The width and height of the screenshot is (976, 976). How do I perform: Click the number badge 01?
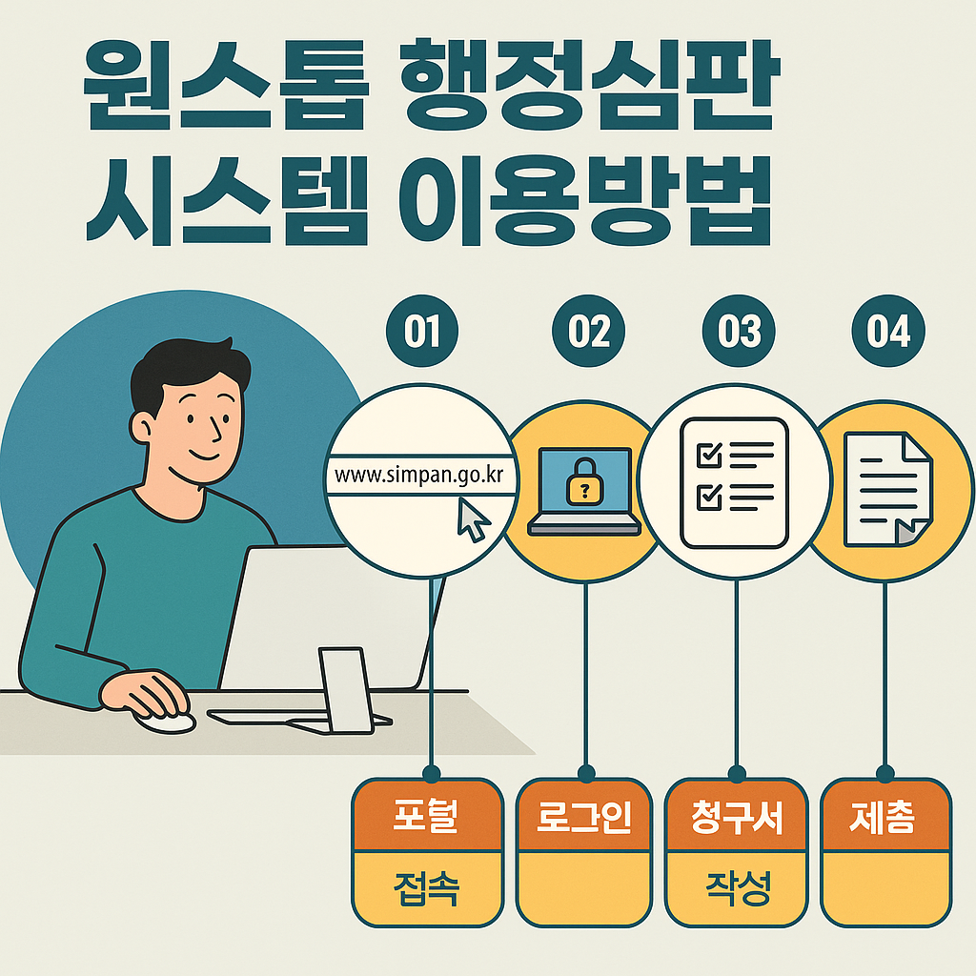421,333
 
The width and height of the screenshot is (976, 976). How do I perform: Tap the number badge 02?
588,333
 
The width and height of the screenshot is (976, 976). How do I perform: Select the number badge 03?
738,333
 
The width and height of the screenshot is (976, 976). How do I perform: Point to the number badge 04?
887,333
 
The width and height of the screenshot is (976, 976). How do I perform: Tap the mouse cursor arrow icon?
474,520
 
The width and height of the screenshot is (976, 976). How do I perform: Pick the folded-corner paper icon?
889,488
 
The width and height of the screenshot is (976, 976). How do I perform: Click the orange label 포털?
427,818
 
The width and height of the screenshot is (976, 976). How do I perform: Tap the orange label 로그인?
584,818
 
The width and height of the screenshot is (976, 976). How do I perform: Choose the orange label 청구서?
738,818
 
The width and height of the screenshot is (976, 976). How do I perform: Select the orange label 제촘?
885,818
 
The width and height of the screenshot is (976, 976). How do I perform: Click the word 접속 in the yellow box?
427,890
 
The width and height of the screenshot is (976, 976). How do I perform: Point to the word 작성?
738,890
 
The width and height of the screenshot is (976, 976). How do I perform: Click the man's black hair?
181,367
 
